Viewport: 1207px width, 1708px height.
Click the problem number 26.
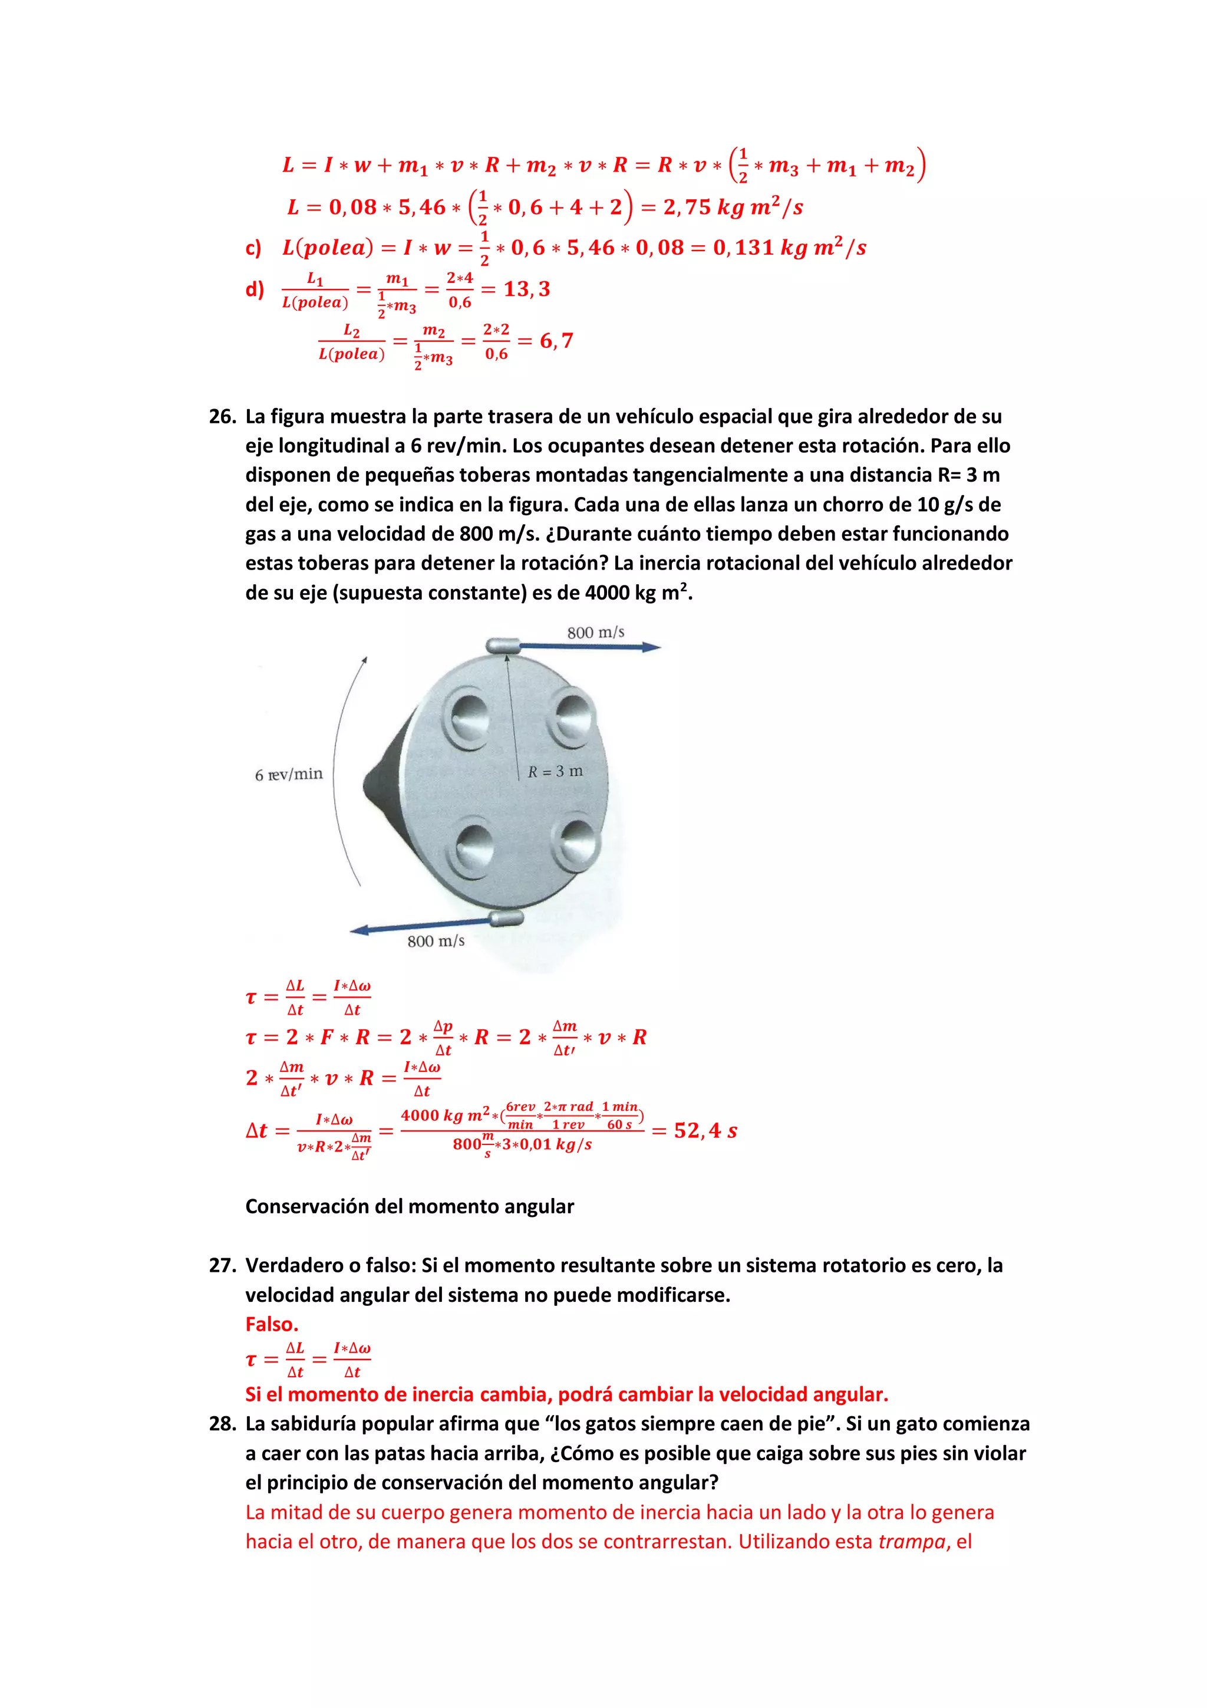click(222, 417)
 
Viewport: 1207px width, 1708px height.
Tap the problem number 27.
click(222, 1265)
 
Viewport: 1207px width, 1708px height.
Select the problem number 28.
click(222, 1424)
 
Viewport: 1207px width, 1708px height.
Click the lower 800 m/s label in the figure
click(436, 941)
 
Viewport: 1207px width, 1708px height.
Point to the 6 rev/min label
click(289, 774)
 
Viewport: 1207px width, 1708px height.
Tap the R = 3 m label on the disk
click(555, 771)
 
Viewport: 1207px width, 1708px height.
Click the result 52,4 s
click(705, 1131)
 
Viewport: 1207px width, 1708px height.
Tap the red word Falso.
click(272, 1324)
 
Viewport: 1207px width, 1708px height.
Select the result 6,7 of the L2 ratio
click(556, 341)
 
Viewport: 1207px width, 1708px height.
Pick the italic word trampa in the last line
click(911, 1541)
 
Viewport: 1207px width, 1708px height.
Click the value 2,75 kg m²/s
click(733, 208)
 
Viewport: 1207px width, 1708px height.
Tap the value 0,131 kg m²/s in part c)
click(789, 248)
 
